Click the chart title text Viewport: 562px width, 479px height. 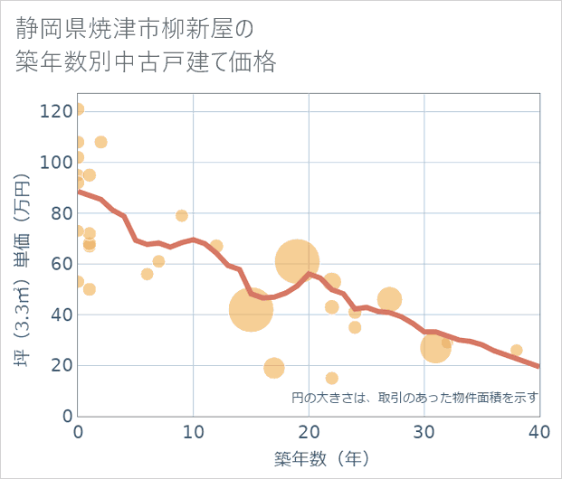coord(145,46)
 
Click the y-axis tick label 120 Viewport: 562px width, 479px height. coord(55,111)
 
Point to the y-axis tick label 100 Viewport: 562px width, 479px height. coord(55,163)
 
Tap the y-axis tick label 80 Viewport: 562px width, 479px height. coord(60,213)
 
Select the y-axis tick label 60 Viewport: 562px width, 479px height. coord(60,264)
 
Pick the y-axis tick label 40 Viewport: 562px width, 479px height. coord(60,315)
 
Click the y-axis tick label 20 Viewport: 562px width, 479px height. coord(60,366)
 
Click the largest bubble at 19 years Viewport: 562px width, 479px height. coord(298,262)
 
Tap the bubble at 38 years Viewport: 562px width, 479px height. coord(516,351)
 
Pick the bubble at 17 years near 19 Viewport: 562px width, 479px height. coord(274,368)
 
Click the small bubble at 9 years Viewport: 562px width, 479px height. coord(182,216)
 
